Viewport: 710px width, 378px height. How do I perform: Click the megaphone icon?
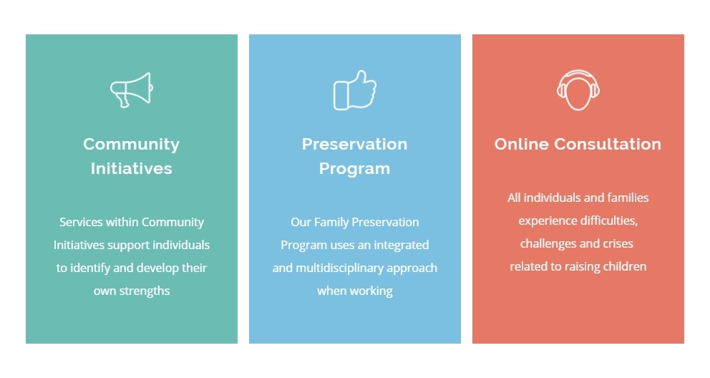(131, 89)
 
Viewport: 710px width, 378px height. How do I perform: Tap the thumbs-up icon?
(354, 90)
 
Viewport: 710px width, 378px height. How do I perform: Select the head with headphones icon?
(578, 90)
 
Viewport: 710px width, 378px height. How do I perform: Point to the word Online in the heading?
(521, 144)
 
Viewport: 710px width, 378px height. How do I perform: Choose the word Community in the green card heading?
(131, 144)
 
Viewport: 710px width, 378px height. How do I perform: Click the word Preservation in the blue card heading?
(354, 144)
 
